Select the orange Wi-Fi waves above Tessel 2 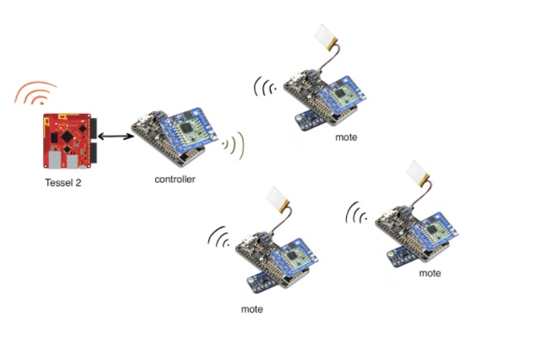coord(36,94)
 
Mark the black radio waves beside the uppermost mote coord(267,87)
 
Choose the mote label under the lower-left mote coord(251,309)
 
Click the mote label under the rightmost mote coord(429,273)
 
